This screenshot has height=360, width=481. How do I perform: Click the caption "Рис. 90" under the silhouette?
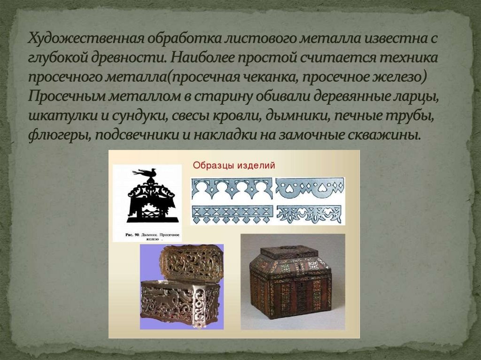point(134,233)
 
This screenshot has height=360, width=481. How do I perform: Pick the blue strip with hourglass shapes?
point(232,214)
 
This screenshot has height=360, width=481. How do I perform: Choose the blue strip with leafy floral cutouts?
point(310,214)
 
